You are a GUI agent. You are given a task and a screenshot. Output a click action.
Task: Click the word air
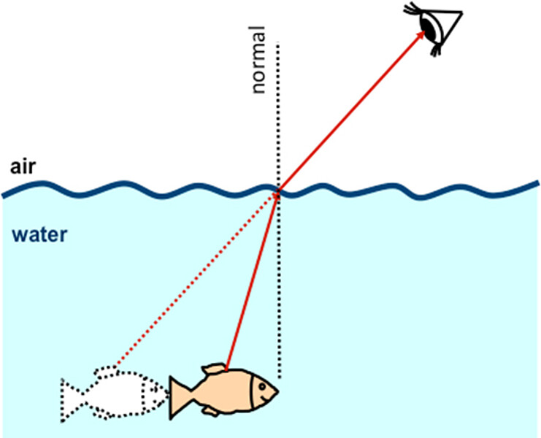23,166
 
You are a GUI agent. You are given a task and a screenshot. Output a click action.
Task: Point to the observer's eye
432,26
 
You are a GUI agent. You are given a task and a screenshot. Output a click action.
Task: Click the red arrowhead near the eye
421,37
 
